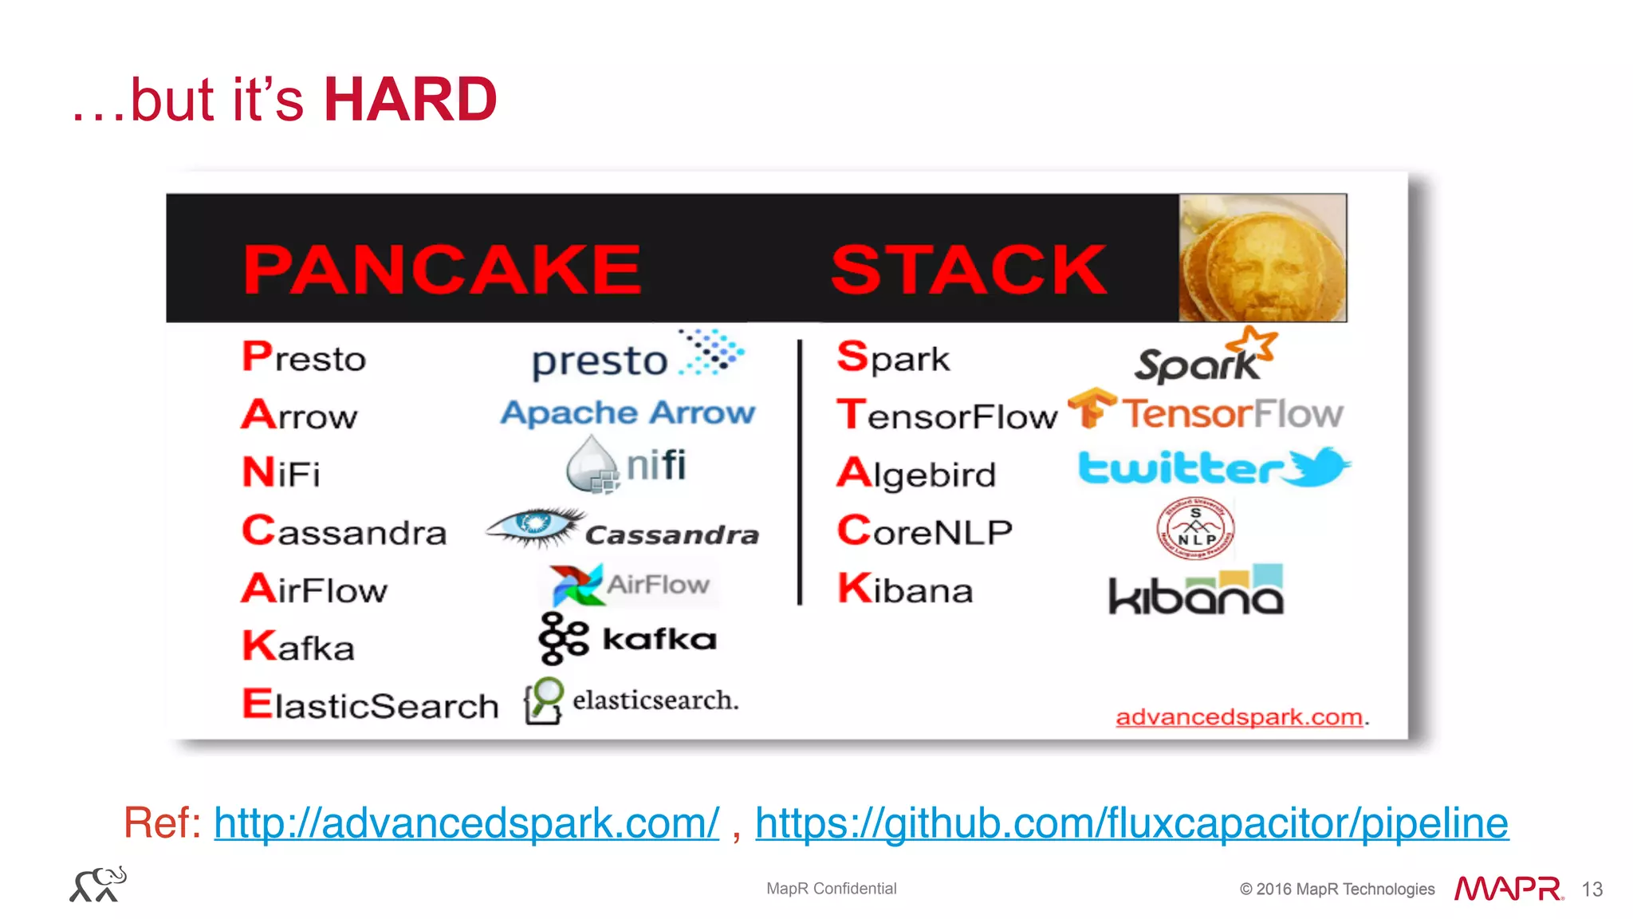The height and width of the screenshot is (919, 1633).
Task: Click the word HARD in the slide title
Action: click(x=410, y=100)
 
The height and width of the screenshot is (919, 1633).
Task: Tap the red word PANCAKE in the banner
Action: click(x=442, y=270)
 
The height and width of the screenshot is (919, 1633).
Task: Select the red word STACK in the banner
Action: click(x=968, y=270)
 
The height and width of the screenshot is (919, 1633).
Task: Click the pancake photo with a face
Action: click(x=1262, y=258)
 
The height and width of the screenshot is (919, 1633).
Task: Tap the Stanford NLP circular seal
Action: click(x=1195, y=528)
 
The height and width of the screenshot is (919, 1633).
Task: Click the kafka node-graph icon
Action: click(x=562, y=638)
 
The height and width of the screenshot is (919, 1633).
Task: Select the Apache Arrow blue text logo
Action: click(x=628, y=412)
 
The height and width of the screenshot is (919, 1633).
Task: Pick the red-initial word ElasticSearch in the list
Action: click(x=370, y=705)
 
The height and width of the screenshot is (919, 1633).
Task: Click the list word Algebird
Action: click(x=916, y=474)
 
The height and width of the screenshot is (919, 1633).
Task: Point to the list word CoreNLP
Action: click(x=924, y=531)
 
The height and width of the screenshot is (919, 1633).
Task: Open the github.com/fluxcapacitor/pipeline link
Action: click(x=1131, y=823)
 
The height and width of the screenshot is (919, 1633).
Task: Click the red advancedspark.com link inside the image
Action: click(x=1238, y=717)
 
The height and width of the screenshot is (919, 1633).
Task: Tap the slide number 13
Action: click(x=1592, y=889)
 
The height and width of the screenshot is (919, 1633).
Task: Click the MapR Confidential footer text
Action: click(x=831, y=889)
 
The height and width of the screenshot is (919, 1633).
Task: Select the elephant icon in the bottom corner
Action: click(x=98, y=885)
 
